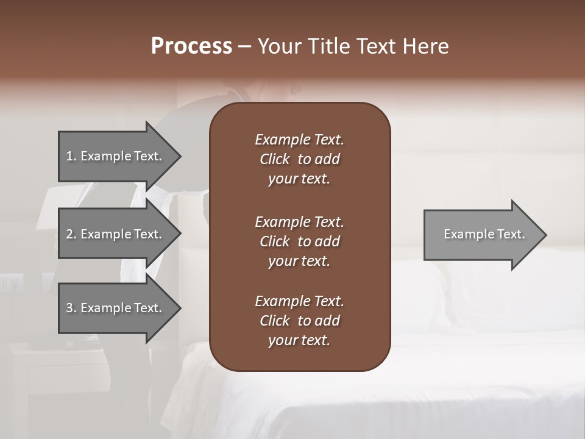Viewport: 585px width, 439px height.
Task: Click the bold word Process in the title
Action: click(x=191, y=46)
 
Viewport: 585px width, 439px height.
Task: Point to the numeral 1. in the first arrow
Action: click(x=71, y=156)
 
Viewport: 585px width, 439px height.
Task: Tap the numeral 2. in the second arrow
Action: click(x=71, y=234)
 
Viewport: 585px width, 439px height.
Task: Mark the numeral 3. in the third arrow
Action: click(x=71, y=308)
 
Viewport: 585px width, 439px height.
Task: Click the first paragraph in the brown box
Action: click(x=299, y=159)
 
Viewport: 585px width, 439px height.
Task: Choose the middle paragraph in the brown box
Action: click(x=299, y=241)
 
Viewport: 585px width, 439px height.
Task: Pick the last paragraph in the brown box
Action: click(x=299, y=321)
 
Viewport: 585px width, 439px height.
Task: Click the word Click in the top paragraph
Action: click(x=274, y=159)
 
